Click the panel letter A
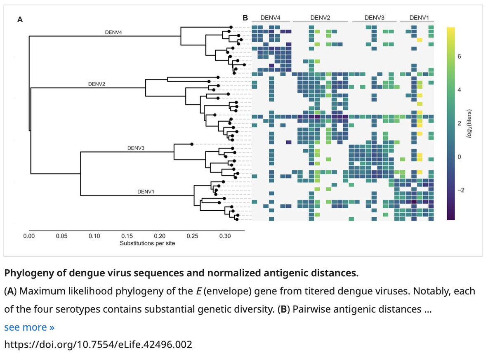tap(19, 19)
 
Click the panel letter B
tap(245, 18)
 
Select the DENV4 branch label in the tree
tap(113, 32)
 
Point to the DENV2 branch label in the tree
tap(97, 84)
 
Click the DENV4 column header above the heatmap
tap(270, 18)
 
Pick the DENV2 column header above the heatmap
tap(320, 18)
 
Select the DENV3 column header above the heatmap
tap(375, 18)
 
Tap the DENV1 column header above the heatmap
tap(419, 18)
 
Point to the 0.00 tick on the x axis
tap(29, 237)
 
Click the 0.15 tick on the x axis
tap(127, 237)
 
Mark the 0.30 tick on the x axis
tap(225, 237)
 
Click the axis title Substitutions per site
tap(147, 243)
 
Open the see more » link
tap(29, 327)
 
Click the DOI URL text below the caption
tap(98, 344)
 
